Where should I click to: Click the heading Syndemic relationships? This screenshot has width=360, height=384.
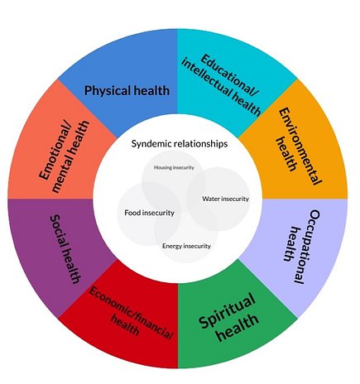pyautogui.click(x=180, y=143)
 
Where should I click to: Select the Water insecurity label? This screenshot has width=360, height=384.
pyautogui.click(x=224, y=199)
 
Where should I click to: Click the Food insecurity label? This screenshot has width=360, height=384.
pyautogui.click(x=149, y=213)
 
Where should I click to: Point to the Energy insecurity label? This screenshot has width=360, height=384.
pyautogui.click(x=187, y=245)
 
